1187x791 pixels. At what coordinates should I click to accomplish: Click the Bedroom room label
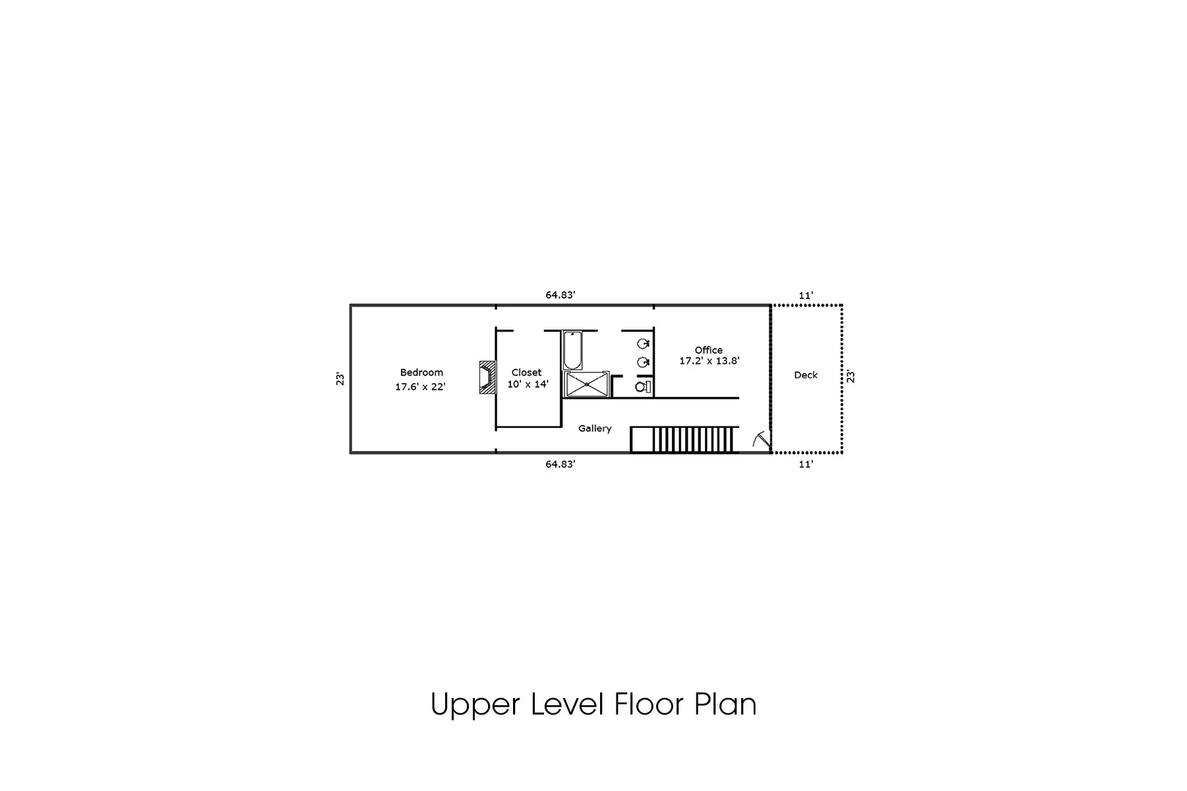pyautogui.click(x=421, y=372)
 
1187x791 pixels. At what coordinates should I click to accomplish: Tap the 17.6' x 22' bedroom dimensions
pyautogui.click(x=420, y=387)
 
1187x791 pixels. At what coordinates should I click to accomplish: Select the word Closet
pyautogui.click(x=526, y=372)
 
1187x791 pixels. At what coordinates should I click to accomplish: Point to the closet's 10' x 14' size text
pyautogui.click(x=528, y=384)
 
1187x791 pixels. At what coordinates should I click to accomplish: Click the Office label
pyautogui.click(x=709, y=350)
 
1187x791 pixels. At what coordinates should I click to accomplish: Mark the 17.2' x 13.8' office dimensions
pyautogui.click(x=710, y=361)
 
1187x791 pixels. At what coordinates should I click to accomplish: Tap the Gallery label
pyautogui.click(x=595, y=428)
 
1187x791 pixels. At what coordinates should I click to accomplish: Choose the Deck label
pyautogui.click(x=806, y=375)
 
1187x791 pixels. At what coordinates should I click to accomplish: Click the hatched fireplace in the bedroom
pyautogui.click(x=487, y=377)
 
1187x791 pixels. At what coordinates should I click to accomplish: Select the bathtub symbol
pyautogui.click(x=572, y=351)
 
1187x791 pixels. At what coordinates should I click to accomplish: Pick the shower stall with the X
pyautogui.click(x=586, y=384)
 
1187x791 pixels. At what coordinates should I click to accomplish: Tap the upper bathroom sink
pyautogui.click(x=644, y=343)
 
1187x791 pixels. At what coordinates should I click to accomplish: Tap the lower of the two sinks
pyautogui.click(x=644, y=362)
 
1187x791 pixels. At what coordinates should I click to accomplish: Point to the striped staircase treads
pyautogui.click(x=694, y=440)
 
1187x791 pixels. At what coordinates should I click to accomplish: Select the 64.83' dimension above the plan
pyautogui.click(x=561, y=295)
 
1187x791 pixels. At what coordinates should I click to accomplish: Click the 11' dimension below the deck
pyautogui.click(x=806, y=464)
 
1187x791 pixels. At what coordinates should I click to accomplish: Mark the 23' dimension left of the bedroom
pyautogui.click(x=340, y=379)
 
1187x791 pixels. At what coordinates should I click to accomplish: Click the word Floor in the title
pyautogui.click(x=649, y=704)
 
